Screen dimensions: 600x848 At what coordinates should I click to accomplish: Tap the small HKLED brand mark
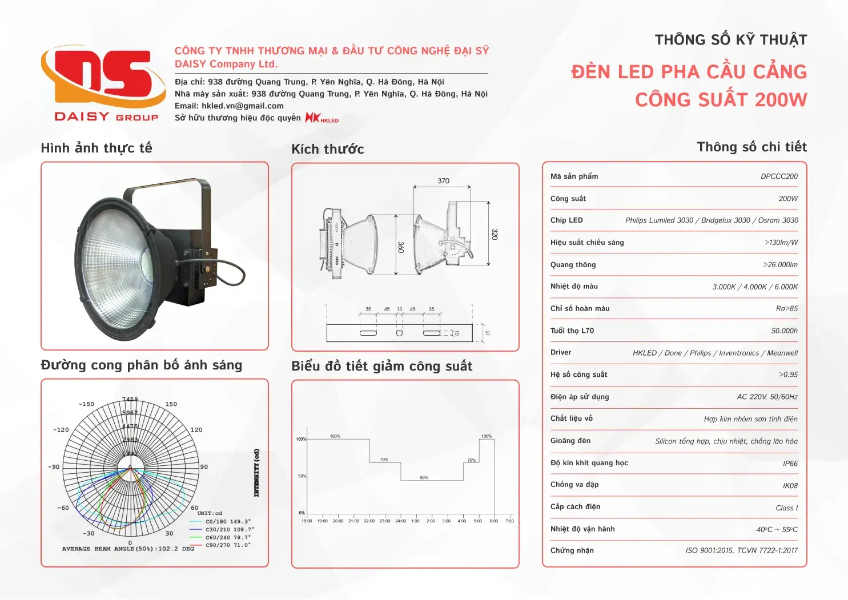coord(322,118)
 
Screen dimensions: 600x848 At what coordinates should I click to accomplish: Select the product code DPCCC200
coord(779,176)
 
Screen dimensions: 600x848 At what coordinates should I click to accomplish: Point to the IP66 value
coord(790,464)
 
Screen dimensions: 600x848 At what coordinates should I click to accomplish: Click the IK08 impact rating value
coord(790,486)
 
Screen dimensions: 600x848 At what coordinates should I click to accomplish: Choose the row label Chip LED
coord(566,220)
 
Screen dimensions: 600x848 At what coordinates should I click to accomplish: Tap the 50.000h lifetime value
coord(785,331)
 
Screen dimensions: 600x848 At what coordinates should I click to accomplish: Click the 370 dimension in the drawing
coord(443,181)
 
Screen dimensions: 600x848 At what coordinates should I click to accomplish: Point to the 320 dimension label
coord(495,234)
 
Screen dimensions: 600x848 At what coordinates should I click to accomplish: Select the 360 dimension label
coord(401,247)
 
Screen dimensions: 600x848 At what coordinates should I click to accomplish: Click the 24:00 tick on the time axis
coord(401,521)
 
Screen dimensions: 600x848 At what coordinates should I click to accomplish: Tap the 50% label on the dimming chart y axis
coord(302,476)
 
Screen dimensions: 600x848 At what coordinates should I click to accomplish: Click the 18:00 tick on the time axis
coord(307,521)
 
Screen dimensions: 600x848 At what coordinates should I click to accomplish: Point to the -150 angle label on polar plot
coord(86,404)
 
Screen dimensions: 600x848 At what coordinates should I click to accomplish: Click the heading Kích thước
coord(328,150)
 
